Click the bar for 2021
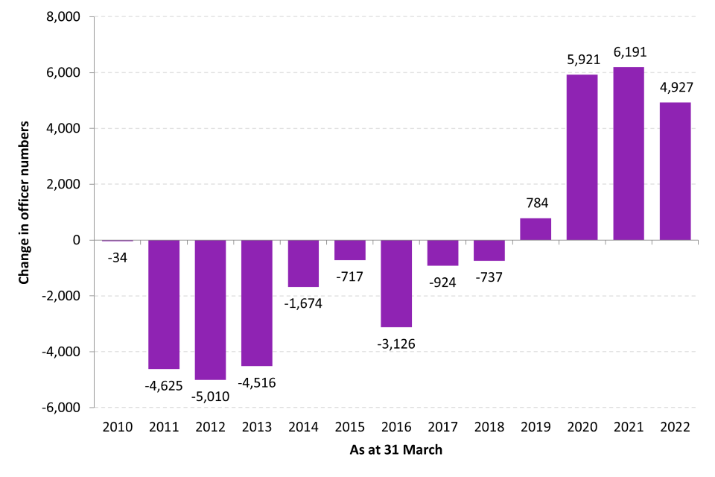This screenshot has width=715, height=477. point(628,154)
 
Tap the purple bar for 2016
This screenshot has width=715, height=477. point(396,283)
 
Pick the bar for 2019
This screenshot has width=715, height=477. point(536,229)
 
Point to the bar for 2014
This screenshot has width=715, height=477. point(303,263)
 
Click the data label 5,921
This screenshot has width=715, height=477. point(582,60)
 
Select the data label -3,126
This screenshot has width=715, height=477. point(396,344)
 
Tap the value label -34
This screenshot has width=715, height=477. point(118,259)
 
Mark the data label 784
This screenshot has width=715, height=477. point(536,203)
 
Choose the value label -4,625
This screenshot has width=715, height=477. point(164,385)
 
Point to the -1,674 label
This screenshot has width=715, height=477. point(303,303)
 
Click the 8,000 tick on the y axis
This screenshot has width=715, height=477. point(67,17)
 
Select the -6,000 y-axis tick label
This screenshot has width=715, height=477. point(65,408)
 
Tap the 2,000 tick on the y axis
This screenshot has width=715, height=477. point(67,184)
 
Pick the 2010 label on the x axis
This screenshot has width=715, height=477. point(118,428)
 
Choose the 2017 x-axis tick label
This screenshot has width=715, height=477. point(442,428)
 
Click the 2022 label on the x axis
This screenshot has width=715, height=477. point(675,428)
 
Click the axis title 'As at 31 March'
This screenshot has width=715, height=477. point(396,451)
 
